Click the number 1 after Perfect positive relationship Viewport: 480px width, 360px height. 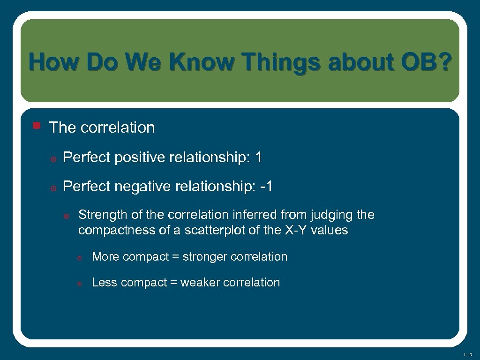click(x=258, y=158)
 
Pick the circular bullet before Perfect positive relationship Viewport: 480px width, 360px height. click(x=53, y=159)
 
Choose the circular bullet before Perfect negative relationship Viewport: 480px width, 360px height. click(x=53, y=188)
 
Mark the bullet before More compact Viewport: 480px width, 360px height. click(x=80, y=258)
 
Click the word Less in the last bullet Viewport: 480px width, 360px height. click(x=103, y=283)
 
